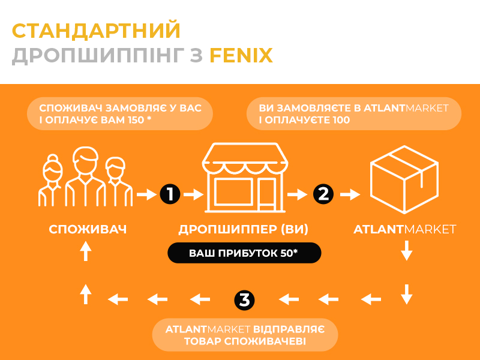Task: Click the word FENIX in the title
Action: [x=241, y=55]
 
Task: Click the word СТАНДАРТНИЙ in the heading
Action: [x=96, y=31]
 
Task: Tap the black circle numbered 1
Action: [x=170, y=194]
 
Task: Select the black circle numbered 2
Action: [x=323, y=194]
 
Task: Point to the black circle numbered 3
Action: [x=244, y=299]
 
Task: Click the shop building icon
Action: [x=245, y=178]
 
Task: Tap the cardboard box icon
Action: [x=404, y=179]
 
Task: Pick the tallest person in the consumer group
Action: [x=85, y=176]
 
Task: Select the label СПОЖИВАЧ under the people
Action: [x=88, y=229]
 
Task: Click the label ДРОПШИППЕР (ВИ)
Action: [x=244, y=229]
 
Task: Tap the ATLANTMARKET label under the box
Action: [x=404, y=229]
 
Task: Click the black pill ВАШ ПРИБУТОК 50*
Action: [x=244, y=253]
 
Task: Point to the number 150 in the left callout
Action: [x=136, y=119]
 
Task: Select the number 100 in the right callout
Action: [x=341, y=119]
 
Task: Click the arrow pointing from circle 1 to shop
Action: [x=193, y=194]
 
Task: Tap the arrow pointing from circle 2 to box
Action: [x=350, y=194]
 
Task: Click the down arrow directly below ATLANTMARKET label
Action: [x=407, y=250]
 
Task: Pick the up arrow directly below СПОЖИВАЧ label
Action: [x=86, y=251]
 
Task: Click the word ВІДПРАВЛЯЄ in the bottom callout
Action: [x=289, y=329]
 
